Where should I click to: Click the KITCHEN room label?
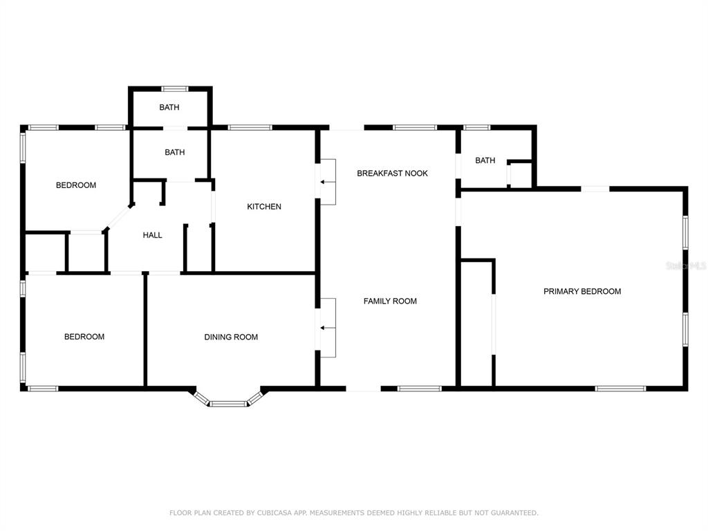pyautogui.click(x=264, y=206)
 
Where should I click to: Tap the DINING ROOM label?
pyautogui.click(x=231, y=337)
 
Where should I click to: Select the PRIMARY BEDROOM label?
pyautogui.click(x=582, y=291)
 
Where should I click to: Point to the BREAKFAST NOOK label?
pyautogui.click(x=392, y=173)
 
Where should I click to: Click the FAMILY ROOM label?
pyautogui.click(x=390, y=301)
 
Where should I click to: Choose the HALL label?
pyautogui.click(x=152, y=235)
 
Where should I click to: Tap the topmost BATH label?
pyautogui.click(x=169, y=107)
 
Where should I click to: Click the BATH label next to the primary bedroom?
pyautogui.click(x=485, y=160)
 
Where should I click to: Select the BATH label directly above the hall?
pyautogui.click(x=175, y=152)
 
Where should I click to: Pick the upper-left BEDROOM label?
pyautogui.click(x=76, y=185)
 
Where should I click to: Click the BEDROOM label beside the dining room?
pyautogui.click(x=84, y=337)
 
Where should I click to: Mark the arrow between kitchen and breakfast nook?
pyautogui.click(x=328, y=182)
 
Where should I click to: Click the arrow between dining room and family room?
pyautogui.click(x=328, y=328)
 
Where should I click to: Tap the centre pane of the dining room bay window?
pyautogui.click(x=228, y=404)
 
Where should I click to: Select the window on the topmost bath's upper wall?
pyautogui.click(x=175, y=88)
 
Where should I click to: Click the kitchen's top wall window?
pyautogui.click(x=250, y=127)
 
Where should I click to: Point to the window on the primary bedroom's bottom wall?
pyautogui.click(x=620, y=389)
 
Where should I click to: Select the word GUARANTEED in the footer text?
pyautogui.click(x=514, y=512)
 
